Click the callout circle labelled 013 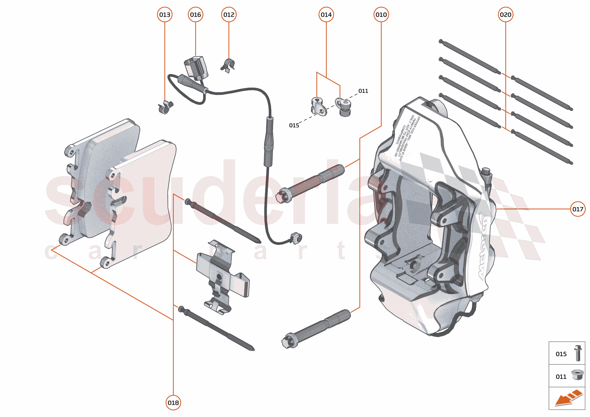coord(164,15)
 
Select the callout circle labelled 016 coord(195,15)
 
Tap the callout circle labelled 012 coord(228,15)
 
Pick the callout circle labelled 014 coord(326,15)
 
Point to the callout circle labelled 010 coord(381,15)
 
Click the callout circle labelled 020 coord(506,15)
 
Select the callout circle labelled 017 coord(578,209)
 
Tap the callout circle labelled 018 coord(173,403)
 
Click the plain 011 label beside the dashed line coord(363,91)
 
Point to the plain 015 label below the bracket coord(294,125)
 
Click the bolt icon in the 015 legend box coord(578,353)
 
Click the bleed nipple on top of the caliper coord(487,175)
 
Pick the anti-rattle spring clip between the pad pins coord(222,277)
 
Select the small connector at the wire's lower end coord(296,238)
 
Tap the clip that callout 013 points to coord(165,107)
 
